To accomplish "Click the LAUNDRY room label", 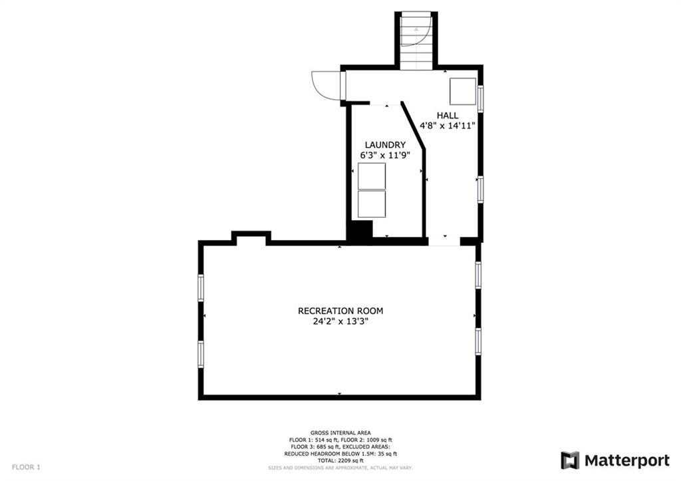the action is pos(385,144).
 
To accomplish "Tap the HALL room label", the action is pos(448,116).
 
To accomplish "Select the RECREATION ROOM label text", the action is pos(340,311).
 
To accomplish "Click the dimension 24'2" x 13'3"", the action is pos(340,322).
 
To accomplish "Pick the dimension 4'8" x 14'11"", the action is pos(448,126).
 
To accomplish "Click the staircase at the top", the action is pos(416,41).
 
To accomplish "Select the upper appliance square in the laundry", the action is pos(371,176).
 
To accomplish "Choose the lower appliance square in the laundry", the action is pos(371,204).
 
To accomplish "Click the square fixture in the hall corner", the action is pos(463,91).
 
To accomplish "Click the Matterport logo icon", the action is pos(570,460).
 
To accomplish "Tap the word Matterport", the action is pos(627,460).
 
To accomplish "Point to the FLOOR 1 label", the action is pos(26,467).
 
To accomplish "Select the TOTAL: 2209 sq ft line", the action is pos(340,460).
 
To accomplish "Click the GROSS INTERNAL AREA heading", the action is pos(340,433).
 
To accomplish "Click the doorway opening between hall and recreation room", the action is pos(444,241).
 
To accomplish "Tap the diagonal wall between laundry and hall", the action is pos(412,126).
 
